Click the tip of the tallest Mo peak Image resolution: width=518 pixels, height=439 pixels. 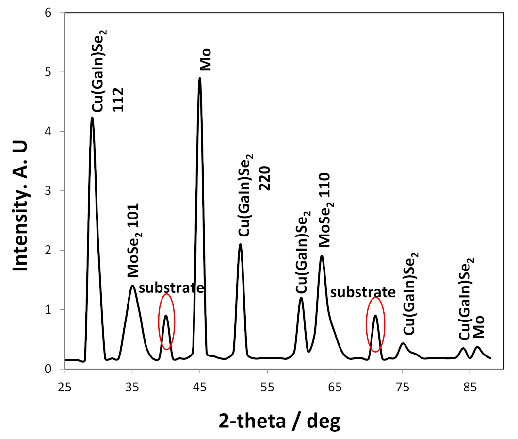pos(199,78)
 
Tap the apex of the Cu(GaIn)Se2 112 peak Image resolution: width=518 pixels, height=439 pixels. pos(92,118)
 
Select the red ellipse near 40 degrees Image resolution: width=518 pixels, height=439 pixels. pos(166,321)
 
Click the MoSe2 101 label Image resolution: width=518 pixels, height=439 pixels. pos(132,240)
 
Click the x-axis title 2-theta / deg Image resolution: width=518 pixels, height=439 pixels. pos(279,420)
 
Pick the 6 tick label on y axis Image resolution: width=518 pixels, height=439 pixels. pos(48,13)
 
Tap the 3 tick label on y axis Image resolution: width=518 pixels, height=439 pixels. pos(48,191)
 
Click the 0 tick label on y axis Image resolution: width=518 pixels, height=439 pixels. pos(48,369)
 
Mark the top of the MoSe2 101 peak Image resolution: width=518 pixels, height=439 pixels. pos(132,286)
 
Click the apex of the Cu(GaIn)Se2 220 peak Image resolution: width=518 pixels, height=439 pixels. pos(240,244)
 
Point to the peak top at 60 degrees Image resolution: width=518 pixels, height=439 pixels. pos(301,298)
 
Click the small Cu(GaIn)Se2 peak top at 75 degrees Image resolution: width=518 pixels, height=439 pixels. pos(403,343)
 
